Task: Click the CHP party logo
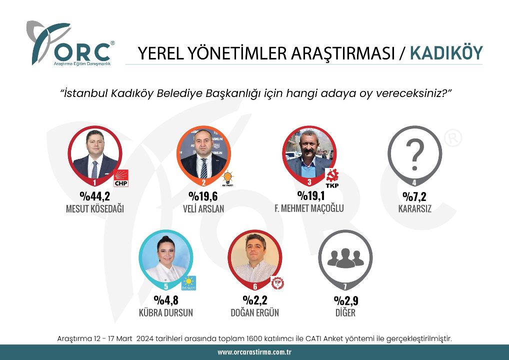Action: pyautogui.click(x=121, y=178)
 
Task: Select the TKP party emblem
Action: pyautogui.click(x=332, y=178)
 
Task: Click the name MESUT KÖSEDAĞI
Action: pyautogui.click(x=94, y=208)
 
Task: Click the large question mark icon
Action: pyautogui.click(x=414, y=155)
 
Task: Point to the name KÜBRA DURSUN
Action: pyautogui.click(x=166, y=313)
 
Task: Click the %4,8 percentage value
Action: pyautogui.click(x=166, y=300)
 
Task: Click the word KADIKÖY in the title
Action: pyautogui.click(x=446, y=53)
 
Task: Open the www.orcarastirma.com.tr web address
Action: pyautogui.click(x=254, y=352)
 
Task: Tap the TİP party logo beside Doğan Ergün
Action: pyautogui.click(x=277, y=283)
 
